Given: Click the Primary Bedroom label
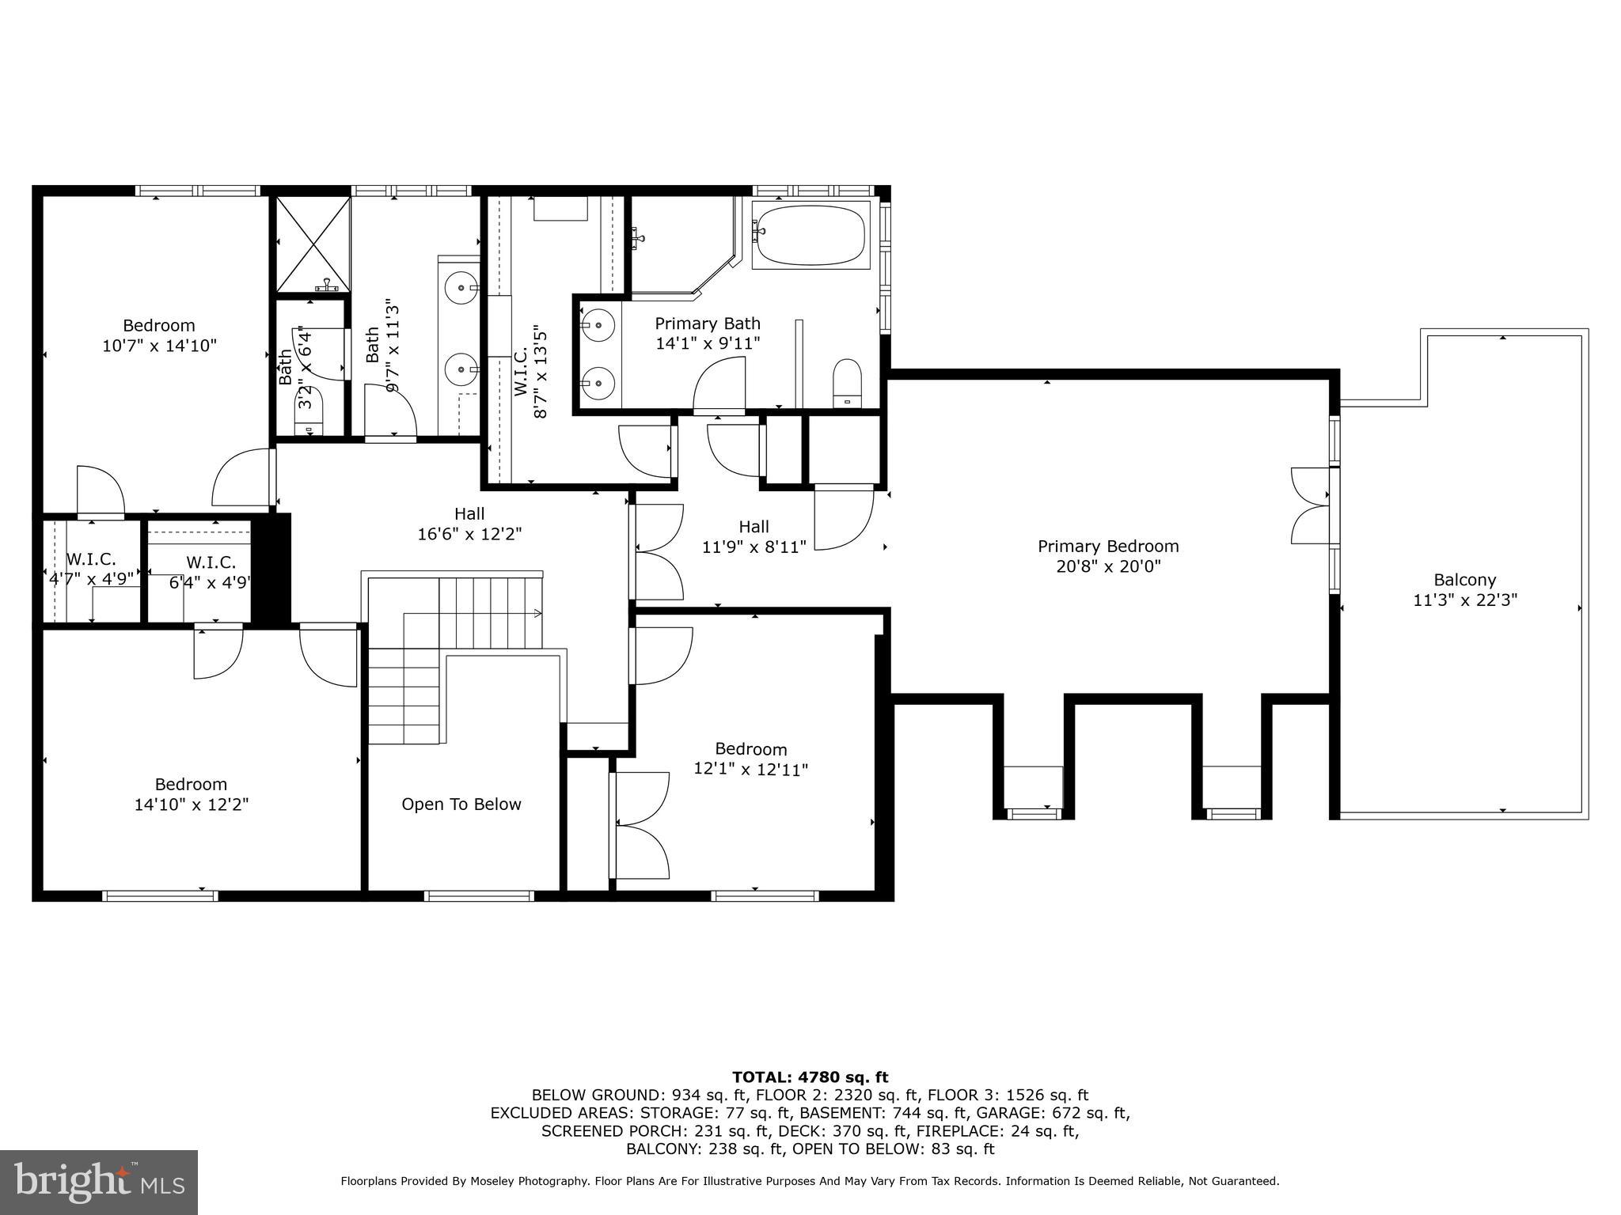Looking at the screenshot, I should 1108,547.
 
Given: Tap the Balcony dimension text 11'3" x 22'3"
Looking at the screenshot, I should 1464,600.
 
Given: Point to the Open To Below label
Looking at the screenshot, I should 461,804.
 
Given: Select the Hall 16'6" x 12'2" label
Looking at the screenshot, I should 469,515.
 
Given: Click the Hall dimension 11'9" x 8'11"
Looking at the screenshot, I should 754,547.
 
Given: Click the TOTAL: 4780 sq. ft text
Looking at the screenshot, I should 810,1077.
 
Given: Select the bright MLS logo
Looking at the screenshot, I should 98,1182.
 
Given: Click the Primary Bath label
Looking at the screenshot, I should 707,324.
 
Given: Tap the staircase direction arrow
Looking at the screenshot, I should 537,613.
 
